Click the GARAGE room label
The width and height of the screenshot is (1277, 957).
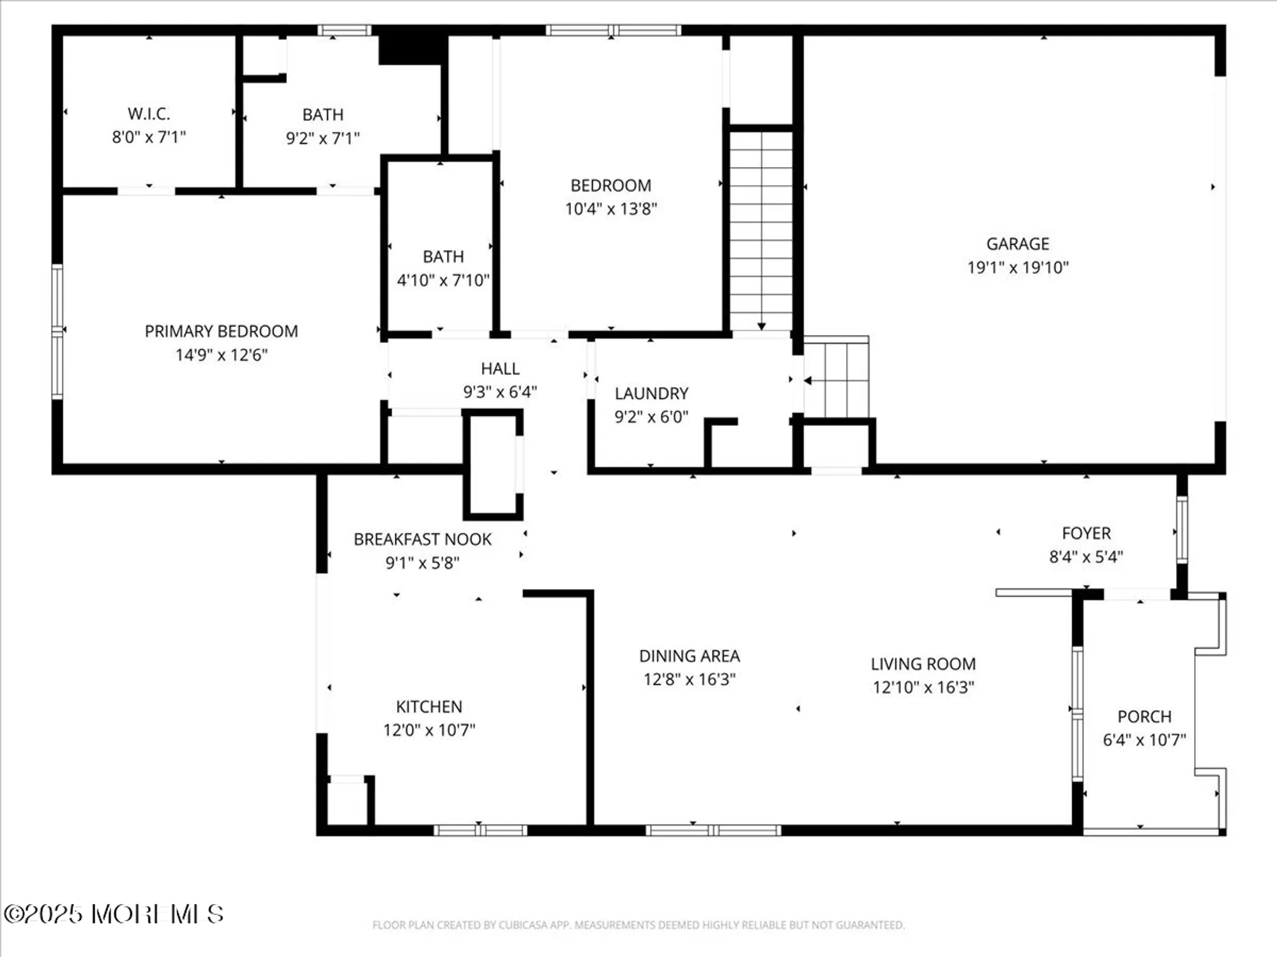[1018, 244]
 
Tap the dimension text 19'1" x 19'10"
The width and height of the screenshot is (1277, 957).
[1018, 267]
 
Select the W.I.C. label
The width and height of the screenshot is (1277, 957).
[149, 114]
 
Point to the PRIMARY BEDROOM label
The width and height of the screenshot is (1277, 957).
[221, 331]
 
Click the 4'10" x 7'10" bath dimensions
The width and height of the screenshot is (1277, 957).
[443, 280]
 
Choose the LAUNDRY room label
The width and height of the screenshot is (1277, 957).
[651, 394]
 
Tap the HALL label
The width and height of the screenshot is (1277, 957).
[500, 369]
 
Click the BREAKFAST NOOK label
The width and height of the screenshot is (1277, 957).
[422, 540]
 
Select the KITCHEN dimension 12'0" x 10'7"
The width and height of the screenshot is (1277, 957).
[429, 730]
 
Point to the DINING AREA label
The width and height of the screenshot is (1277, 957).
[690, 656]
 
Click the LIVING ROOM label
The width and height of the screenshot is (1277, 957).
[923, 664]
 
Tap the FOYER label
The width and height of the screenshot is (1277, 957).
[1086, 533]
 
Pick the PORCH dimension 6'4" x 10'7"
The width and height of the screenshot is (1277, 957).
[1144, 740]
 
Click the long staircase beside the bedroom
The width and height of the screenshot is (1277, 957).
[761, 230]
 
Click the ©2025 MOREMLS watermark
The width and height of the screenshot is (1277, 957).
[114, 914]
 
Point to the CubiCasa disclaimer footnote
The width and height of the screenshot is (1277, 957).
[638, 925]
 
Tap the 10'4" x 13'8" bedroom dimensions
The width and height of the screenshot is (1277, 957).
[611, 209]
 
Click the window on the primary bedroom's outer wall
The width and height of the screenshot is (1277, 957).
[57, 332]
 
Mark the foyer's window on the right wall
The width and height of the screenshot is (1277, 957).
[1182, 530]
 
